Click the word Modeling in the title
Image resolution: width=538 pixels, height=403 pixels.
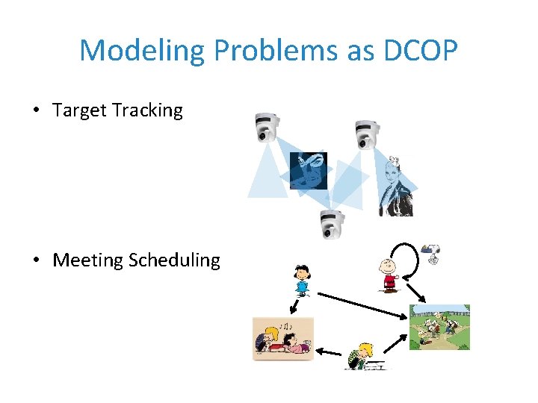[x=142, y=51]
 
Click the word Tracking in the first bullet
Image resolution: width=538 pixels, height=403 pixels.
[x=147, y=110]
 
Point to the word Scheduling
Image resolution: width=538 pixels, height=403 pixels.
[x=174, y=260]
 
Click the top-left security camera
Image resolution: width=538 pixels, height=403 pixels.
[x=266, y=127]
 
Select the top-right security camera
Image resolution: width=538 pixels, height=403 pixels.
[x=366, y=134]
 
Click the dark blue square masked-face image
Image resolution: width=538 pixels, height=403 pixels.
[x=308, y=171]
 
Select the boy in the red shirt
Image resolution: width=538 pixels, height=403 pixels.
[x=389, y=275]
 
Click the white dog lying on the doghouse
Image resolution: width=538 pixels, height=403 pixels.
[x=433, y=253]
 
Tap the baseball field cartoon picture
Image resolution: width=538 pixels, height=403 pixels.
[x=439, y=327]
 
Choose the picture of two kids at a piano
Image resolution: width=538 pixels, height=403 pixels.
[x=283, y=339]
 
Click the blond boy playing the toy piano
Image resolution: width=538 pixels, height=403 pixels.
[x=365, y=356]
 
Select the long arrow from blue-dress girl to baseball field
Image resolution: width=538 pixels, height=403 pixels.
[x=359, y=304]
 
